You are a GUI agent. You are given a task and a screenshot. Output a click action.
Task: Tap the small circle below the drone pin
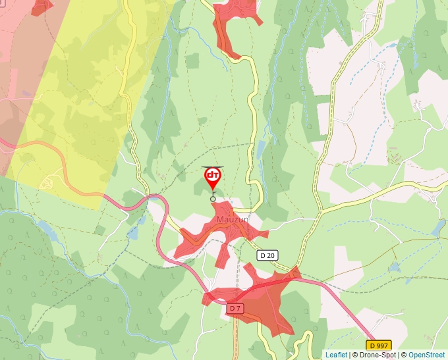(213, 199)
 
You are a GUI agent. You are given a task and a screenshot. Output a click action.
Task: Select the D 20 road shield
(267, 255)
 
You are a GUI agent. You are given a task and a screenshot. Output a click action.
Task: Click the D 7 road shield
(235, 308)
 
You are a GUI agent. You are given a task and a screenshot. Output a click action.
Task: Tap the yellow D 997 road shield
(379, 346)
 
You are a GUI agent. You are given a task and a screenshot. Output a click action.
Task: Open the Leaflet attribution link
(336, 355)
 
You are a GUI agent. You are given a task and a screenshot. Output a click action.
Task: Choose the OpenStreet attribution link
(426, 355)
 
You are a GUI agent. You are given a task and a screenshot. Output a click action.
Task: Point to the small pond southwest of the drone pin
(134, 233)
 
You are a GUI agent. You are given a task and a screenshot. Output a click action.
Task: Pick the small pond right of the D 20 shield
(395, 267)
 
